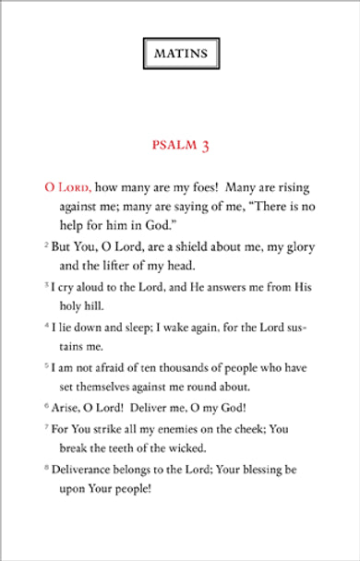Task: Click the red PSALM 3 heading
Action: [x=180, y=146]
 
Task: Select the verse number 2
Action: [x=46, y=246]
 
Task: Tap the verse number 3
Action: [x=46, y=286]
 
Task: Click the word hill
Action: [x=98, y=304]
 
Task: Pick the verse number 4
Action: [x=46, y=327]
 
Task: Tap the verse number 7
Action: [x=46, y=429]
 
